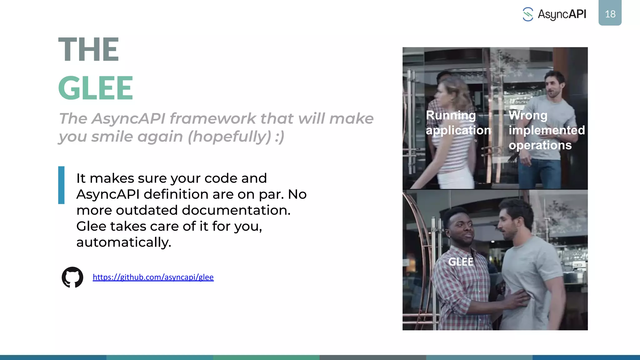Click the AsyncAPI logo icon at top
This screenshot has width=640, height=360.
(528, 14)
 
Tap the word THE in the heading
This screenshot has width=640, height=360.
(88, 49)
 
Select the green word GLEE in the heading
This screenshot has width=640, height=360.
(96, 88)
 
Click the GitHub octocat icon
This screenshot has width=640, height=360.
(72, 277)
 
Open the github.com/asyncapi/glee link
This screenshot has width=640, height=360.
(153, 277)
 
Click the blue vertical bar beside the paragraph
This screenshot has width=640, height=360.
(61, 185)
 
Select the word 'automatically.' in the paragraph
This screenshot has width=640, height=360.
(124, 242)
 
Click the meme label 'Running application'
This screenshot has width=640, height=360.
(458, 123)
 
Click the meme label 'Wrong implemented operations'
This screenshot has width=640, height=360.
(546, 130)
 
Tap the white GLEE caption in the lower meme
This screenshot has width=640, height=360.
(461, 262)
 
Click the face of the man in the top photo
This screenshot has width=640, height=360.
(554, 86)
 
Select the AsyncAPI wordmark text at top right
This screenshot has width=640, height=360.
(562, 14)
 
